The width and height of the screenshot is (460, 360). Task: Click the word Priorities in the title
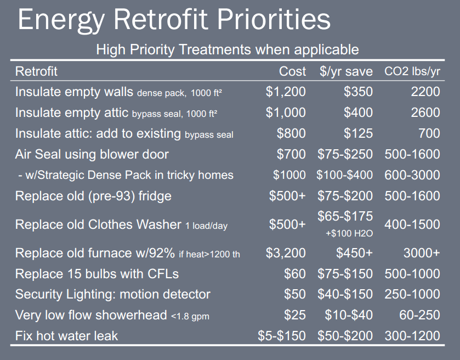pyautogui.click(x=274, y=19)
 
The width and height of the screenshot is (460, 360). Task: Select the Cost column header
pyautogui.click(x=292, y=71)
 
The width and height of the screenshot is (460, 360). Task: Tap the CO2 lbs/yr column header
pyautogui.click(x=412, y=71)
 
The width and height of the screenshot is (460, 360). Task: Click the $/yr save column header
pyautogui.click(x=346, y=71)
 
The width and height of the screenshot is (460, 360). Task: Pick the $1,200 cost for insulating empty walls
pyautogui.click(x=286, y=92)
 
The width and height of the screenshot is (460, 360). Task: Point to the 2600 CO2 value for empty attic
pyautogui.click(x=425, y=113)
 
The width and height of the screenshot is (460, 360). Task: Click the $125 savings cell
pyautogui.click(x=358, y=133)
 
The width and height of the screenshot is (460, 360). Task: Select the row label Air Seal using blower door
pyautogui.click(x=92, y=154)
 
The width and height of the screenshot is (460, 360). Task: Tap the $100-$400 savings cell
pyautogui.click(x=344, y=175)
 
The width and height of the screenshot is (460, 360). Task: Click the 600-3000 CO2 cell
pyautogui.click(x=412, y=175)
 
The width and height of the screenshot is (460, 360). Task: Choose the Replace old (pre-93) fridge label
pyautogui.click(x=93, y=196)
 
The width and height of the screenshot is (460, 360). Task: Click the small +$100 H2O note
pyautogui.click(x=349, y=233)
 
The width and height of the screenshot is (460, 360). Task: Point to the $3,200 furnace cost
pyautogui.click(x=286, y=253)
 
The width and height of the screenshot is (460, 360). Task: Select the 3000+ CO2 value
pyautogui.click(x=422, y=253)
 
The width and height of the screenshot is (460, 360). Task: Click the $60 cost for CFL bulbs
pyautogui.click(x=295, y=274)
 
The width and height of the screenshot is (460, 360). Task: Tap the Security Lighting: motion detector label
pyautogui.click(x=112, y=294)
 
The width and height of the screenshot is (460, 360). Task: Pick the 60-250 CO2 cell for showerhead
pyautogui.click(x=419, y=315)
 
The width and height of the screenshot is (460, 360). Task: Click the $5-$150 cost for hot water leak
pyautogui.click(x=282, y=336)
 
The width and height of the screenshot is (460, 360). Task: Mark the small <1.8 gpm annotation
pyautogui.click(x=190, y=316)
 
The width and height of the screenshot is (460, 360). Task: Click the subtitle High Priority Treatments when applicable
pyautogui.click(x=228, y=49)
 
